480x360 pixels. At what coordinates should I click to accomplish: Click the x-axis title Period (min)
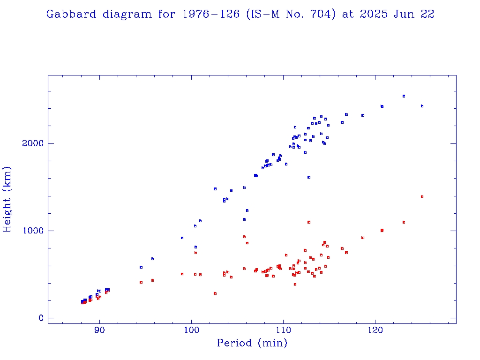pyautogui.click(x=252, y=343)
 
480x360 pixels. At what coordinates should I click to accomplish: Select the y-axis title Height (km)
pyautogui.click(x=7, y=200)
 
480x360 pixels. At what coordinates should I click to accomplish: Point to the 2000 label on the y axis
pyautogui.click(x=33, y=143)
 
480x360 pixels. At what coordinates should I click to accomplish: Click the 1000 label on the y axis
pyautogui.click(x=33, y=231)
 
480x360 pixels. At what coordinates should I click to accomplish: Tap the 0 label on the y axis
pyautogui.click(x=41, y=318)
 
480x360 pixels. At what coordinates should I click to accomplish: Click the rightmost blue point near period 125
pyautogui.click(x=422, y=106)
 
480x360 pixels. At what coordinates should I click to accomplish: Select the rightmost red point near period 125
pyautogui.click(x=422, y=196)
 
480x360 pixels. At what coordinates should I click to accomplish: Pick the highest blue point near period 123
pyautogui.click(x=404, y=96)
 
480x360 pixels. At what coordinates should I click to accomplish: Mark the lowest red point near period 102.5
pyautogui.click(x=215, y=293)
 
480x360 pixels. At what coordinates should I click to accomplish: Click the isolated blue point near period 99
pyautogui.click(x=182, y=238)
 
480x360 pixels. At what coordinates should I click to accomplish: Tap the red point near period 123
pyautogui.click(x=404, y=222)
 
